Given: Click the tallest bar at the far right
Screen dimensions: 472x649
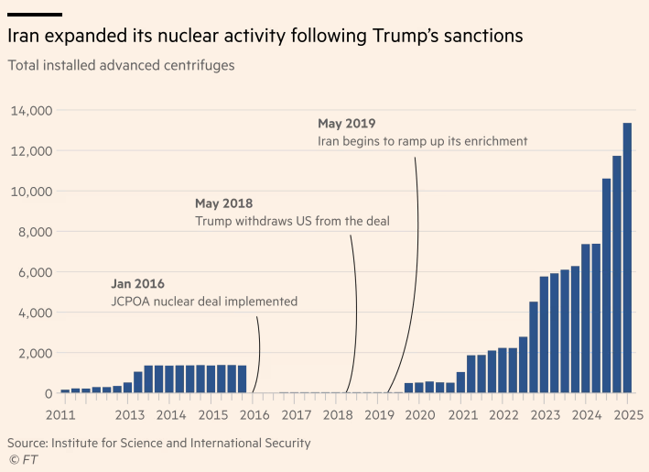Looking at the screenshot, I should coord(627,258).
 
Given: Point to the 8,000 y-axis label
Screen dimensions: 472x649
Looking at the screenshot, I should coord(33,232).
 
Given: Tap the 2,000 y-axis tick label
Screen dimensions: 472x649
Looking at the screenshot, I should coord(33,353).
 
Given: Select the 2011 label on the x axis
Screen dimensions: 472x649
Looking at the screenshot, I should coord(60,415).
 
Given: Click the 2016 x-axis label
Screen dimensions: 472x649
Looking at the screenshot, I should coord(254,415).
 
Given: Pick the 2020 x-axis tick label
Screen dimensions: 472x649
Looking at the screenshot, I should coord(420,415).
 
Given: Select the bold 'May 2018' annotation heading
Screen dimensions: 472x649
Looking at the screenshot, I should coord(223,203).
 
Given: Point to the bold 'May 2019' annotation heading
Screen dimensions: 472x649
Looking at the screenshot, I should coord(346,124).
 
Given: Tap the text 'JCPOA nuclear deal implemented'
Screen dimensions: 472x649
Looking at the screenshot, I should coord(204,302).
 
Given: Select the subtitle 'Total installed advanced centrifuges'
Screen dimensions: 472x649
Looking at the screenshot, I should coord(121,66).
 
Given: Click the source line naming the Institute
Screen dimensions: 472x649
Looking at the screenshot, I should coord(158,443).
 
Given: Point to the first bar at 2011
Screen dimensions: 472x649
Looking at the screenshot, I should coord(65,390).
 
